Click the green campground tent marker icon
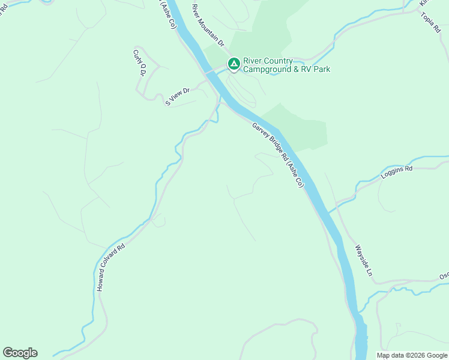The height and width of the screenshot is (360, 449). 233,64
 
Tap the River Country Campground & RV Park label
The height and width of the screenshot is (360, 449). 286,65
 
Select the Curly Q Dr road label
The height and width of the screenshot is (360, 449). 139,62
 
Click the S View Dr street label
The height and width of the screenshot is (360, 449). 178,97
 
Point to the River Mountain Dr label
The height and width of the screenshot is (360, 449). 208,26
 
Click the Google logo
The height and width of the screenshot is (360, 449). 20,353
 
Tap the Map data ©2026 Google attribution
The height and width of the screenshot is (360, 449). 412,355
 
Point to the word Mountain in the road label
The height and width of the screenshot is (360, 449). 211,31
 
